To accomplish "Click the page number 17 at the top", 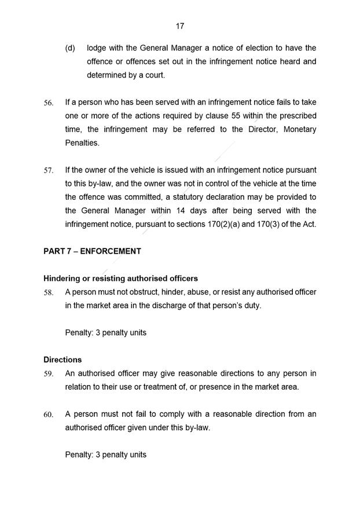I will coord(179,26).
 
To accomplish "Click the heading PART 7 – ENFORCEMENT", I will coord(92,251).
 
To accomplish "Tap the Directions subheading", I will coord(63,360).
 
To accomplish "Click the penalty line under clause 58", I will coord(105,333).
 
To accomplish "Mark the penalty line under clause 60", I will coord(105,455).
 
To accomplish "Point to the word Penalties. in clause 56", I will coord(83,142).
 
